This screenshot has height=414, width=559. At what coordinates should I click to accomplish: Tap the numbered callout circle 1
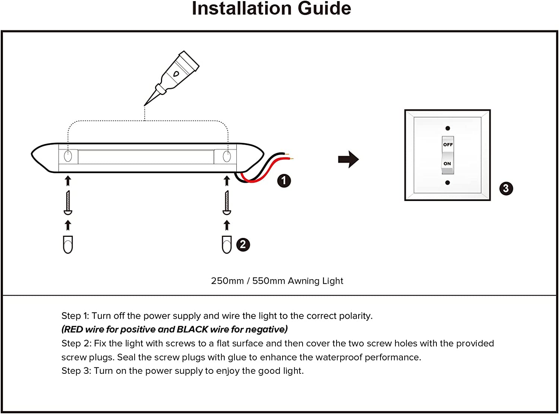pyautogui.click(x=284, y=181)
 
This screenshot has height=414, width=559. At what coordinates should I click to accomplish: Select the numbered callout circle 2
pyautogui.click(x=243, y=245)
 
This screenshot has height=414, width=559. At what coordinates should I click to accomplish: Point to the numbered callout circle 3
pyautogui.click(x=506, y=188)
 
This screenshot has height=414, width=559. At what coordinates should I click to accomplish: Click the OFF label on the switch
pyautogui.click(x=448, y=144)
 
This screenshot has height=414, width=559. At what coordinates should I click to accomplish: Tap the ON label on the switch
pyautogui.click(x=447, y=163)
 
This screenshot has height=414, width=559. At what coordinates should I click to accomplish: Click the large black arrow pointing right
pyautogui.click(x=348, y=159)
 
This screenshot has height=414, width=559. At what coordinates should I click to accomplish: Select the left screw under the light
pyautogui.click(x=68, y=203)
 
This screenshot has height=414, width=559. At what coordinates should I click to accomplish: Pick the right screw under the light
pyautogui.click(x=227, y=203)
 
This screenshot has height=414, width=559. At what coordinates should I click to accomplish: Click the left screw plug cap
pyautogui.click(x=68, y=245)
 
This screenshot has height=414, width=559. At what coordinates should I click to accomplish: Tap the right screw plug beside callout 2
pyautogui.click(x=227, y=245)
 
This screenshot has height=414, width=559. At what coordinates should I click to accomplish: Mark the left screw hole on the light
pyautogui.click(x=68, y=156)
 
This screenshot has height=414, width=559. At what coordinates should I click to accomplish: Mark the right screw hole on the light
pyautogui.click(x=227, y=156)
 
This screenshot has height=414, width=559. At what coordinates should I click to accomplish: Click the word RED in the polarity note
pyautogui.click(x=73, y=329)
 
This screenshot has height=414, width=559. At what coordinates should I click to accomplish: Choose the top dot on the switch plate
pyautogui.click(x=448, y=128)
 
